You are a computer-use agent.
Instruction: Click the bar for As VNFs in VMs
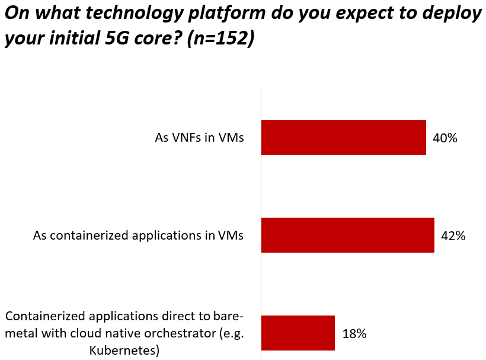(x=344, y=138)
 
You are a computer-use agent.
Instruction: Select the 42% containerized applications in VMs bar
(x=348, y=235)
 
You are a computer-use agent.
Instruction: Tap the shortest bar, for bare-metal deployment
(x=298, y=333)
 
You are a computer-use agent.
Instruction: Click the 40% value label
(x=445, y=138)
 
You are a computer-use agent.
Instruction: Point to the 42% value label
(x=453, y=236)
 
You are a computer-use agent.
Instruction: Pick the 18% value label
(x=354, y=333)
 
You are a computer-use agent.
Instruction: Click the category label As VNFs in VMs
(x=200, y=138)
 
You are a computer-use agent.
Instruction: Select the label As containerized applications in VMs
(x=138, y=236)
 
